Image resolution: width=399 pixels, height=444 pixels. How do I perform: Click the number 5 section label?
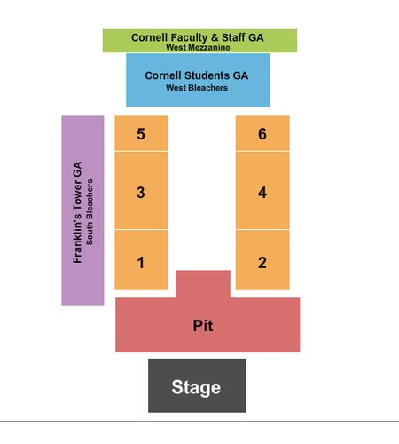coord(141,134)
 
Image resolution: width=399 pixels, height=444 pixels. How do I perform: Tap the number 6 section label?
coord(262,134)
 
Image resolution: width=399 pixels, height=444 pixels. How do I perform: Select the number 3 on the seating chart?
coord(141,193)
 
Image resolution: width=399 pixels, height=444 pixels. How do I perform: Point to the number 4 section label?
coord(262,193)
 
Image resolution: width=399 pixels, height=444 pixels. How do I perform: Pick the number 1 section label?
coord(141,263)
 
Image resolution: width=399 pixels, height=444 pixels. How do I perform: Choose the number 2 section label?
coord(262,263)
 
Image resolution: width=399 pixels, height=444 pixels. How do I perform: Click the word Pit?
coord(203,326)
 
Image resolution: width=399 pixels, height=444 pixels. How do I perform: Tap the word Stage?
coord(196,387)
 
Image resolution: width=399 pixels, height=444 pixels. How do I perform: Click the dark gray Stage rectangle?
coord(197,385)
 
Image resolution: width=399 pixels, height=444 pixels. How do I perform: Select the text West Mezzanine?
coord(198,47)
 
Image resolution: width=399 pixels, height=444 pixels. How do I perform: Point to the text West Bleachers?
coord(197,88)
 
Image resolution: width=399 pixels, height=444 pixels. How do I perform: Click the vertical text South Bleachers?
coord(90,212)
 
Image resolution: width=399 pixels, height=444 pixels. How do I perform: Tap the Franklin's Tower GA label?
coord(77,212)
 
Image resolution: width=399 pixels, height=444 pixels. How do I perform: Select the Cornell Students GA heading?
coord(197,75)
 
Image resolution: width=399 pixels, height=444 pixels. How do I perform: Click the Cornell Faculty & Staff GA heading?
coord(198,37)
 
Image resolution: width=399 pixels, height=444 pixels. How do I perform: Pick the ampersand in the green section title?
coord(215,37)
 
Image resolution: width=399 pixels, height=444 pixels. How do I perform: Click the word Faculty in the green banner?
coord(189,37)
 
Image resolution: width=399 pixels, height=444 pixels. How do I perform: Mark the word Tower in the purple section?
coord(77,194)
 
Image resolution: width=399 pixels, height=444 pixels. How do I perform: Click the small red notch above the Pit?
coord(203,284)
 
